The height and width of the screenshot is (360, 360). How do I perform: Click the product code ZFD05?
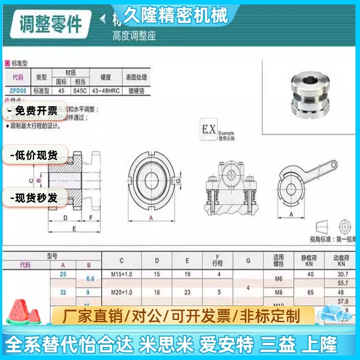pyautogui.click(x=18, y=90)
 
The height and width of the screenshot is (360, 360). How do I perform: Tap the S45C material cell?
pyautogui.click(x=80, y=90)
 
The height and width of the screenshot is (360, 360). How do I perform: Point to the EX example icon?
pyautogui.click(x=209, y=131)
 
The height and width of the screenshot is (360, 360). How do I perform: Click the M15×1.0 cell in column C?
pyautogui.click(x=121, y=274)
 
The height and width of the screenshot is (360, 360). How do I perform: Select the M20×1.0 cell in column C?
pyautogui.click(x=121, y=292)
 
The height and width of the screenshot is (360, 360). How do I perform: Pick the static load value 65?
pyautogui.click(x=310, y=292)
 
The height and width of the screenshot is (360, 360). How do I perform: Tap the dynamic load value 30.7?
pyautogui.click(x=343, y=274)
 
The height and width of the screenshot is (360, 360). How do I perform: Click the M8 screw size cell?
pyautogui.click(x=279, y=292)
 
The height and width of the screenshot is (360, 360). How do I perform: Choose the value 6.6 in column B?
pyautogui.click(x=90, y=279)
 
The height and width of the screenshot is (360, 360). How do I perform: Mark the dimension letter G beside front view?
pyautogui.click(x=178, y=180)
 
